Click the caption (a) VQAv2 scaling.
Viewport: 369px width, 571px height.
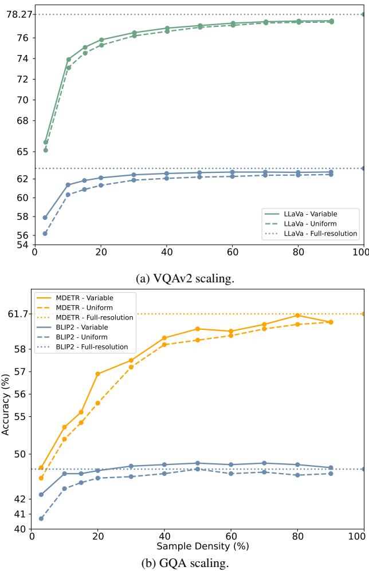coord(184,279)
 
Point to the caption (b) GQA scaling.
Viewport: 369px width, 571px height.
coord(185,563)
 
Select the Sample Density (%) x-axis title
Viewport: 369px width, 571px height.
coord(202,546)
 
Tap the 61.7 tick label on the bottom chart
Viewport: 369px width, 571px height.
coord(18,314)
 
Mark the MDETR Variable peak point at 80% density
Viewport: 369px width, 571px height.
coord(297,316)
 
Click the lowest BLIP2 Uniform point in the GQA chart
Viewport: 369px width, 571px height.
coord(41,518)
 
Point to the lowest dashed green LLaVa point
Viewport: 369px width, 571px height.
coord(46,150)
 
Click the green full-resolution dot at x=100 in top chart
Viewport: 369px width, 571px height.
coord(363,14)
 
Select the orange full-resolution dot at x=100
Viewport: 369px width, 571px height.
coord(363,314)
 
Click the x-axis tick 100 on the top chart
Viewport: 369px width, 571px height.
coord(362,252)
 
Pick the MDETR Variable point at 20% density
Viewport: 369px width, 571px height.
coord(98,373)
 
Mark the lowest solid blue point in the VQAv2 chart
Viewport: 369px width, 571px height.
coord(45,218)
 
